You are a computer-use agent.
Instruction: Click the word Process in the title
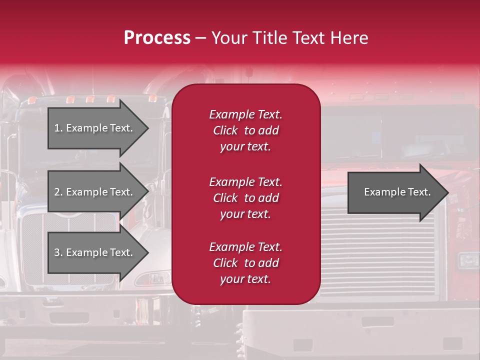[x=157, y=38]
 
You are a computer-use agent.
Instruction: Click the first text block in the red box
[x=245, y=130]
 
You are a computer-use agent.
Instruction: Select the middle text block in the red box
[x=245, y=198]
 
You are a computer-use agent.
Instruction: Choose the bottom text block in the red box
[x=245, y=263]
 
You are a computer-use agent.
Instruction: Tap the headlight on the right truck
[x=468, y=260]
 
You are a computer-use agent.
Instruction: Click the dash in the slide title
[x=200, y=38]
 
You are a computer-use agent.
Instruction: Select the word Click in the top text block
[x=225, y=130]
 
